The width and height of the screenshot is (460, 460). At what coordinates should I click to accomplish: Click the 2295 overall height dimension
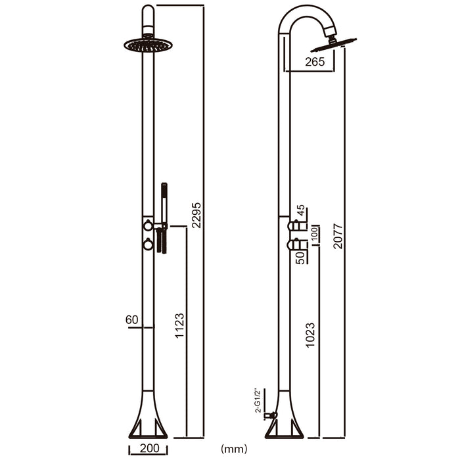coord(196,214)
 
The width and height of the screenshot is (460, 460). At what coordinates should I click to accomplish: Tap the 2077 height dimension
coord(338,235)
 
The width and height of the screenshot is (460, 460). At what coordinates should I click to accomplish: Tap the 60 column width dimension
coord(131,320)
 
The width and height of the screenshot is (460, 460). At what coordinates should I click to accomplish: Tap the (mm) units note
coord(234,449)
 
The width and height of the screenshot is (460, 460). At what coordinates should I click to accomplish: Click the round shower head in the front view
coord(148,45)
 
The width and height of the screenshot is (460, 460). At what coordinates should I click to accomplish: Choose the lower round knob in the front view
coord(148,245)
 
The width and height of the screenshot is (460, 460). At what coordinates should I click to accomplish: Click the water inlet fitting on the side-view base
coord(269,415)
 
